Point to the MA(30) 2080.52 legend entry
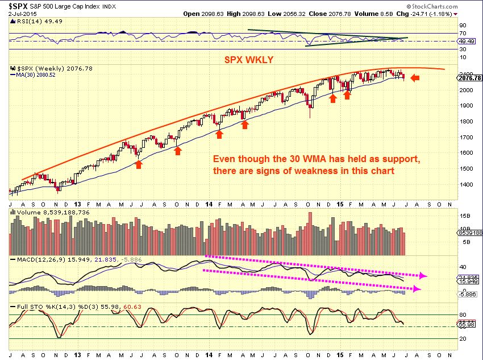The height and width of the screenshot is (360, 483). pyautogui.click(x=35, y=74)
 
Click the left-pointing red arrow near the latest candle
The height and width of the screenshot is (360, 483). pyautogui.click(x=415, y=78)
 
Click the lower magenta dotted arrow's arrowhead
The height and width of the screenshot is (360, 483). pyautogui.click(x=418, y=289)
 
